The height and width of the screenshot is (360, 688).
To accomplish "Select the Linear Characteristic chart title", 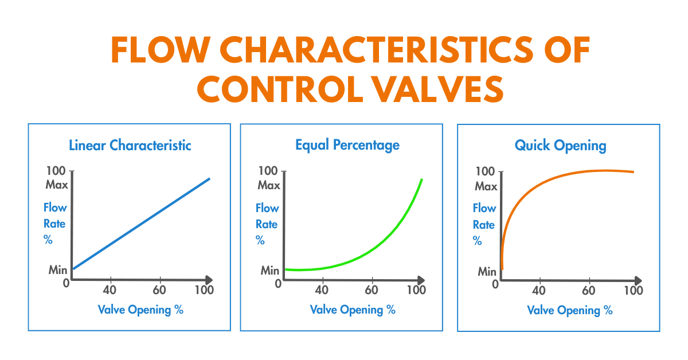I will (130, 145).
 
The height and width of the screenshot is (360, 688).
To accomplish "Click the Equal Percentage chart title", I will (347, 145).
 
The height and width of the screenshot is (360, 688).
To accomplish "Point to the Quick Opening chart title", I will (560, 145).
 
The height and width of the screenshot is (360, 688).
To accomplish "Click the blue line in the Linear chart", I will (141, 224).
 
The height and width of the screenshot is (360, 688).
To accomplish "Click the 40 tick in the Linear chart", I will (110, 290).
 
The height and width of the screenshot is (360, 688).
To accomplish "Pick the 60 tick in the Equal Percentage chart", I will (372, 290).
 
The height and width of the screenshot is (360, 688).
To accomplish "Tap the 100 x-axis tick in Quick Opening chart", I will (633, 291).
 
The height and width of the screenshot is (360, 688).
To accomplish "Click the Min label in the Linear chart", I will (57, 270).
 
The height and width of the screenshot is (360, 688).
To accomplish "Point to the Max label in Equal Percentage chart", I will (269, 185).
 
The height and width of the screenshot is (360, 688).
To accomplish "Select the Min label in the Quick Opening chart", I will (487, 271).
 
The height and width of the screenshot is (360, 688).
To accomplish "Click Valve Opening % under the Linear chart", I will (140, 310).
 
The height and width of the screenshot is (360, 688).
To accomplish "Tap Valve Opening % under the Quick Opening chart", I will (570, 311).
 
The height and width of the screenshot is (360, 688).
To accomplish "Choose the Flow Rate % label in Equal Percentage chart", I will (267, 224).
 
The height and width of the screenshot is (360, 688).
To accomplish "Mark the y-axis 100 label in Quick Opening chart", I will (486, 171).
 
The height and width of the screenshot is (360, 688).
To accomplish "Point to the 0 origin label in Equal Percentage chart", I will (278, 284).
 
